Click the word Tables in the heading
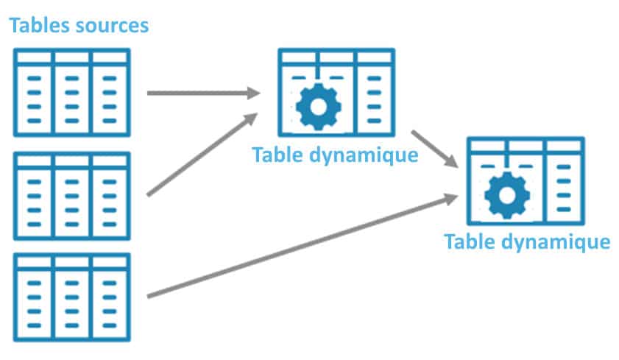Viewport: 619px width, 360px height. point(37,26)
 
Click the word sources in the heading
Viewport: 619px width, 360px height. point(110,26)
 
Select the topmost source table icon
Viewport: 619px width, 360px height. point(72,92)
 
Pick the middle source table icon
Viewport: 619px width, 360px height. point(72,195)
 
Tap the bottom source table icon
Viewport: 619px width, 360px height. point(72,297)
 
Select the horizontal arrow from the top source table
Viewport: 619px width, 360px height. point(202,93)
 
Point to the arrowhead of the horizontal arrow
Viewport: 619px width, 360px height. point(253,93)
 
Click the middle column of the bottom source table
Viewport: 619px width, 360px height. point(72,302)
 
